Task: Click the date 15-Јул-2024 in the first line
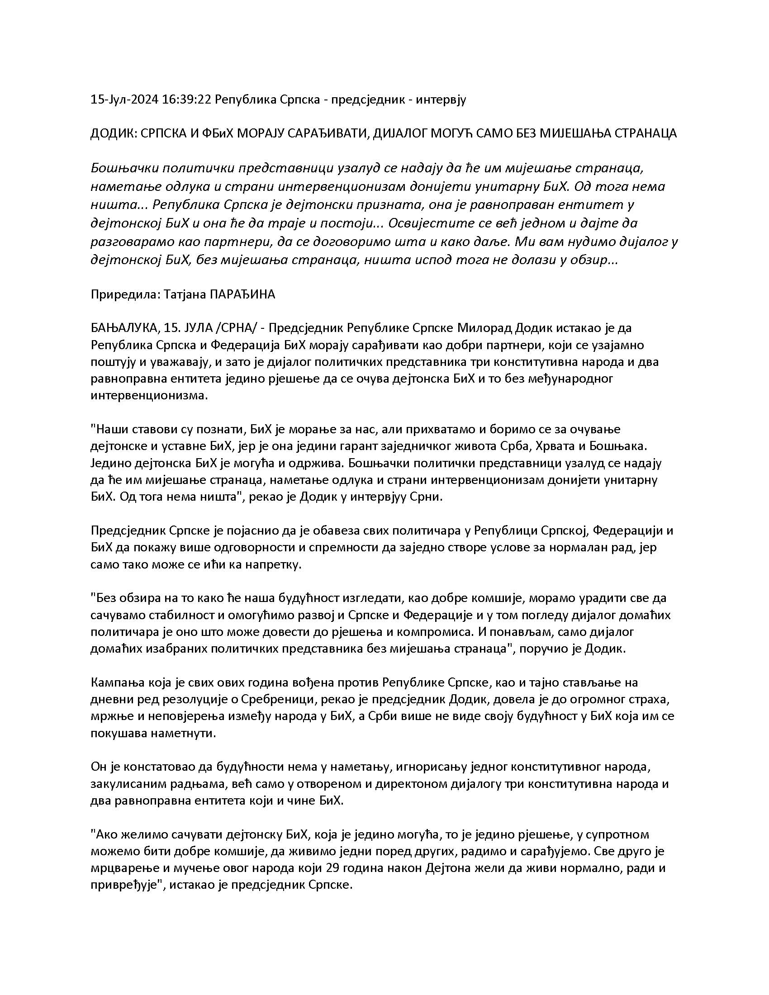(124, 100)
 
